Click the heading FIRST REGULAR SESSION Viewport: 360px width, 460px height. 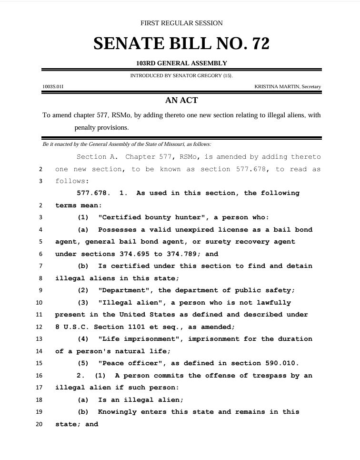181,23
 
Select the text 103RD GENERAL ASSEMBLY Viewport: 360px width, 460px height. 181,63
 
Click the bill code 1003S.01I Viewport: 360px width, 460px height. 53,87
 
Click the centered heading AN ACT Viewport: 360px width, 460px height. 181,101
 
